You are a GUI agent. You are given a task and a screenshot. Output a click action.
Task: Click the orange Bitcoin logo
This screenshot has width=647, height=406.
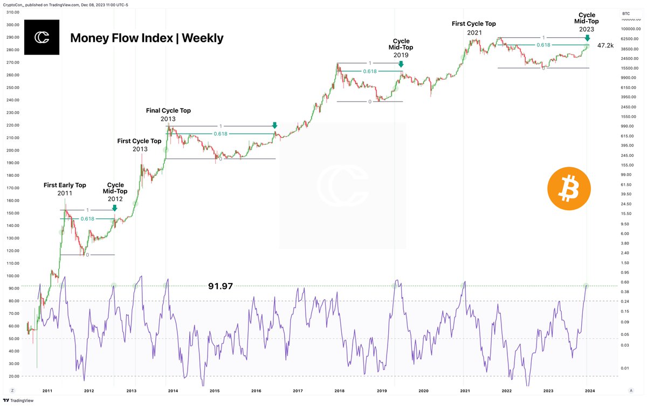click(x=569, y=188)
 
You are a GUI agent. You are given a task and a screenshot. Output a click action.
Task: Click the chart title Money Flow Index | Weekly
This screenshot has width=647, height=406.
click(x=147, y=38)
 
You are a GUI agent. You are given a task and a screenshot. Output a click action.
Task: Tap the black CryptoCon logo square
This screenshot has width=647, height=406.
click(x=42, y=37)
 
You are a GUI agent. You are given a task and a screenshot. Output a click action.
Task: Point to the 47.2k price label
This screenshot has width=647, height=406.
click(x=605, y=46)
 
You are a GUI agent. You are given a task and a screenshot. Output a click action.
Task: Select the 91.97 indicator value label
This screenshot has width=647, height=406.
click(x=221, y=286)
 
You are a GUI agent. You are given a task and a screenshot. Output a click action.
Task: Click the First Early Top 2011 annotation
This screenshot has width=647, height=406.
click(x=65, y=189)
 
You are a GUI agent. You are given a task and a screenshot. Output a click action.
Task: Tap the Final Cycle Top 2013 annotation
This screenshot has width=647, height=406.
click(x=168, y=114)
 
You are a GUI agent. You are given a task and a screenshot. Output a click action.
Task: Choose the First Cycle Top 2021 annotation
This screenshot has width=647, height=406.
click(x=473, y=28)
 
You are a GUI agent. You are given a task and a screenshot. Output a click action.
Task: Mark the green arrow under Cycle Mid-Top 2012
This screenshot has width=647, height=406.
click(x=114, y=208)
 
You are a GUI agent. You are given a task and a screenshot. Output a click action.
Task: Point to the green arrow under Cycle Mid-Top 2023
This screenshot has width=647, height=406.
click(x=587, y=39)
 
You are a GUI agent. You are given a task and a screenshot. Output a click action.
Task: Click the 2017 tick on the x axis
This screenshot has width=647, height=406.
click(x=297, y=390)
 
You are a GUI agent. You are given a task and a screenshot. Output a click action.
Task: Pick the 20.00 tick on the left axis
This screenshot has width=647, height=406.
click(x=14, y=376)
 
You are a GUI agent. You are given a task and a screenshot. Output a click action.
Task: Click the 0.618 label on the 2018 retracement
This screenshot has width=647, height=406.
click(x=370, y=71)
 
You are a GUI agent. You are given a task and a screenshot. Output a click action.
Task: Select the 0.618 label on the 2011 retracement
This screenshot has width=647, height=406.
click(x=87, y=218)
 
